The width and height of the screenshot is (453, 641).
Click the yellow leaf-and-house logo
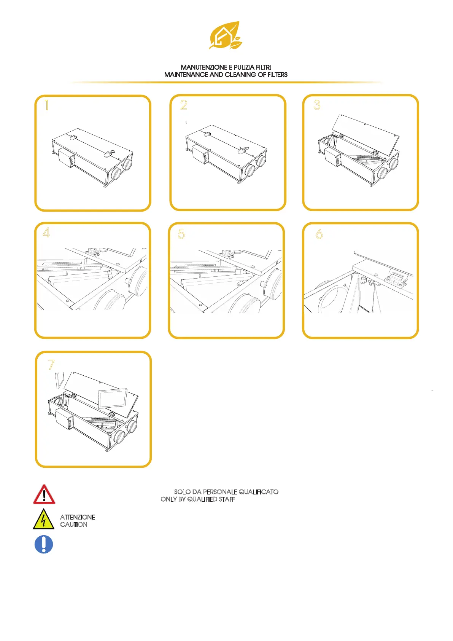click(x=226, y=35)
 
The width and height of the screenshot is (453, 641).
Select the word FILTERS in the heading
click(x=277, y=75)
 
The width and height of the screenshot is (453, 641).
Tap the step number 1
click(x=47, y=105)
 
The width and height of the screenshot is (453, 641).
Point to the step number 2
click(x=184, y=105)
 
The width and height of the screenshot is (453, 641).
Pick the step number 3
click(x=317, y=105)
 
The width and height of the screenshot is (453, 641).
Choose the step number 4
click(x=46, y=232)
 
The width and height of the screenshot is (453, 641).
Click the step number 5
click(x=181, y=234)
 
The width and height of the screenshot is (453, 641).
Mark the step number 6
click(x=319, y=234)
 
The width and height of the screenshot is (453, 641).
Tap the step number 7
click(x=51, y=365)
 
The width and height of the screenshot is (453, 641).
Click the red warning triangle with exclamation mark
click(x=44, y=494)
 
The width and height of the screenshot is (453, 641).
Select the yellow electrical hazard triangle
click(x=44, y=519)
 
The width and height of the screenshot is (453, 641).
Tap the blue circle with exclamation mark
click(x=44, y=544)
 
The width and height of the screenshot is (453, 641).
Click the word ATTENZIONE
click(x=78, y=517)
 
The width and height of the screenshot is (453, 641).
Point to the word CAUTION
click(x=74, y=525)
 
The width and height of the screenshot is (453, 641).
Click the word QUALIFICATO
click(x=259, y=492)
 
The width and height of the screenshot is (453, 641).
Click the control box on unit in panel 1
click(x=66, y=158)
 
